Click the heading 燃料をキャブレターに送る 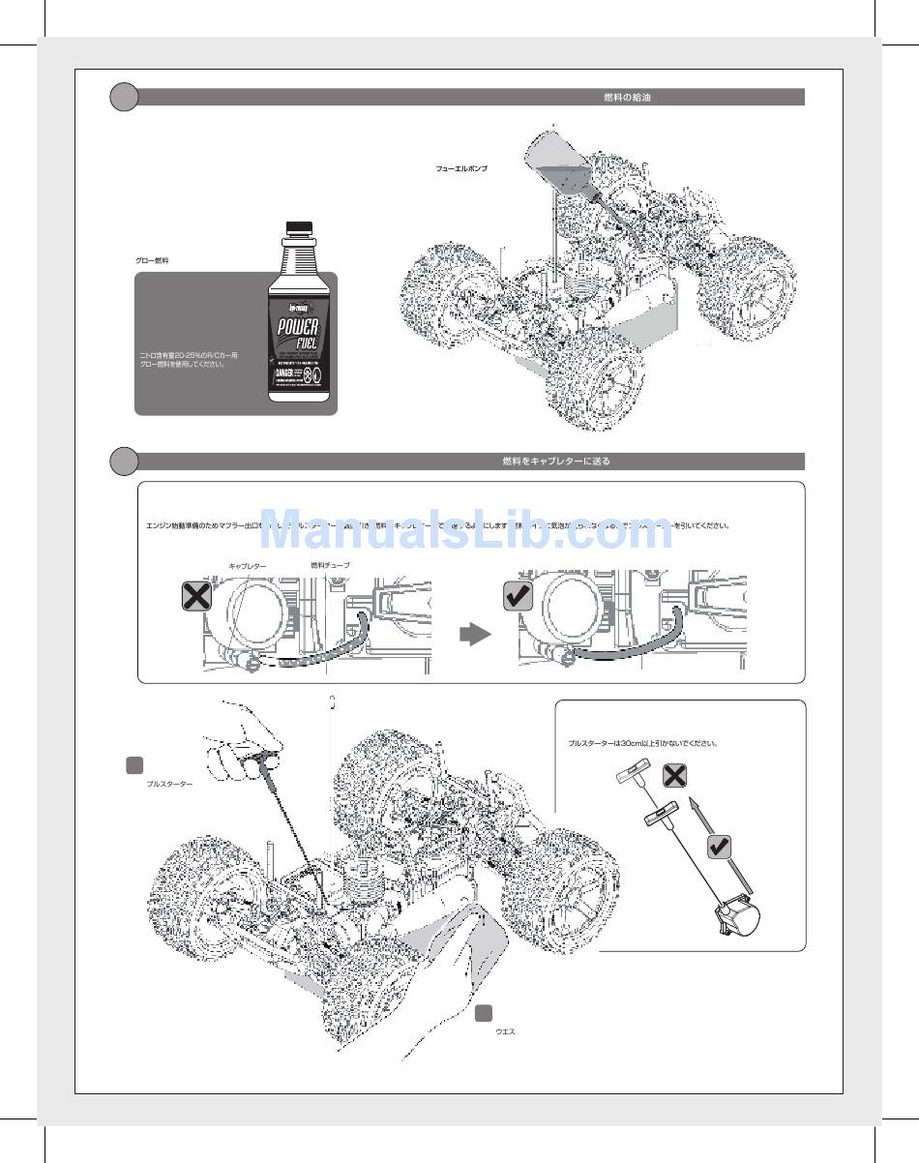point(556,462)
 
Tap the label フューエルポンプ point(461,168)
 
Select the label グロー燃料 point(152,261)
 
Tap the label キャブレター point(247,565)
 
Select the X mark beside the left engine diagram point(196,596)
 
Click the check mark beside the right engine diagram point(519,596)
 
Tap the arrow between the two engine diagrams point(474,635)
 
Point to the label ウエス point(505,1031)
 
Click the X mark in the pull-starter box point(676,776)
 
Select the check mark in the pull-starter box point(719,848)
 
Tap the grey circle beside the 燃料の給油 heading point(124,98)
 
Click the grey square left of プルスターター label point(135,764)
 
